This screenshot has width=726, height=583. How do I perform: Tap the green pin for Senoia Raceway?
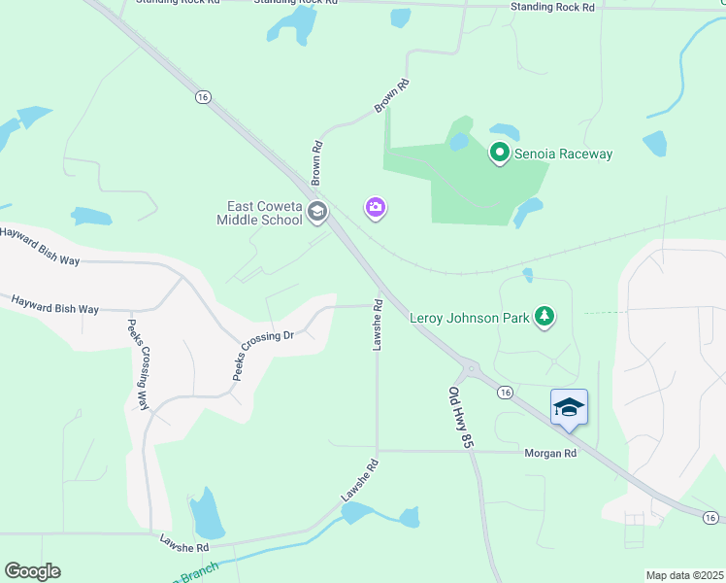point(499,153)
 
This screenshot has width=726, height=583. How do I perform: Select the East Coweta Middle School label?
point(264,213)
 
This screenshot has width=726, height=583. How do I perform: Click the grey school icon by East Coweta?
point(316,212)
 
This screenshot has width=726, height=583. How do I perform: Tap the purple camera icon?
point(376,207)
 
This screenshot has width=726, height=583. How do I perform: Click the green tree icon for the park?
point(545,315)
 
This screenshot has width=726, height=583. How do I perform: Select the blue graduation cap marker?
point(569,407)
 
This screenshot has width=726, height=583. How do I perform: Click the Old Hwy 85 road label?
point(461,417)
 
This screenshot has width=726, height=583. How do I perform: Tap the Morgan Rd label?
point(551,453)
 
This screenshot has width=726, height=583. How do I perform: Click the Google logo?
point(32,571)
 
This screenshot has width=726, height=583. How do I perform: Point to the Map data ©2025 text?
point(684,575)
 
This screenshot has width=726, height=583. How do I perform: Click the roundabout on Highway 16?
point(472,368)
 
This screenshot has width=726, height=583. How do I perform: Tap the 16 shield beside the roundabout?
point(505,392)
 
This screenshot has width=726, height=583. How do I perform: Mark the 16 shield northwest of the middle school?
point(202,96)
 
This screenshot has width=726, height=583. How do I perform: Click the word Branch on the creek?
point(198,572)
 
